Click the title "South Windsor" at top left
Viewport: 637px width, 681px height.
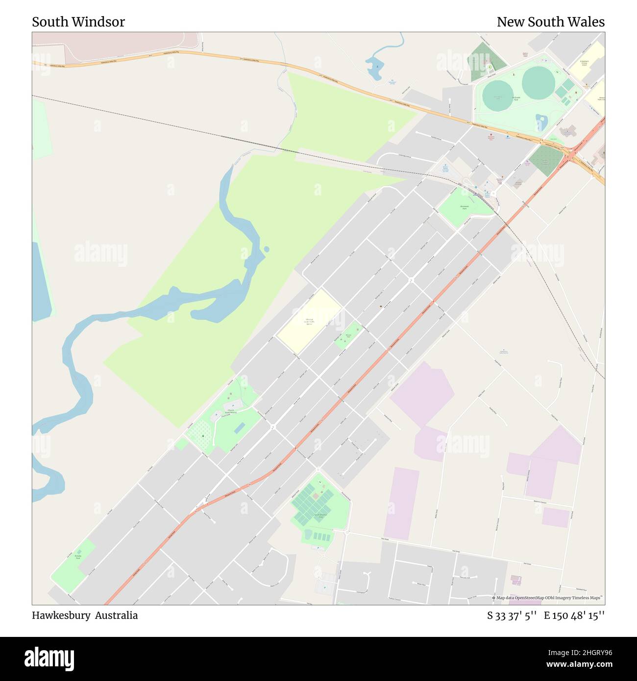[x=78, y=22]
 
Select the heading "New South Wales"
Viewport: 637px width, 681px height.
[x=550, y=22]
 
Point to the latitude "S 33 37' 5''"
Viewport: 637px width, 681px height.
[x=512, y=615]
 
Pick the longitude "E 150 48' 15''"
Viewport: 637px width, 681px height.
[x=574, y=615]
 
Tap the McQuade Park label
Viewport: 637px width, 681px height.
[x=515, y=98]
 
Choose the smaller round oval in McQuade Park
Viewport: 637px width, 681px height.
[x=498, y=95]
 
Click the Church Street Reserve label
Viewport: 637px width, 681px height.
[x=230, y=413]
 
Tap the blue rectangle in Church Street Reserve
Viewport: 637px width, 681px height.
[x=240, y=428]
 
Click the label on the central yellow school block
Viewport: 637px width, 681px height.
[x=309, y=322]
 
